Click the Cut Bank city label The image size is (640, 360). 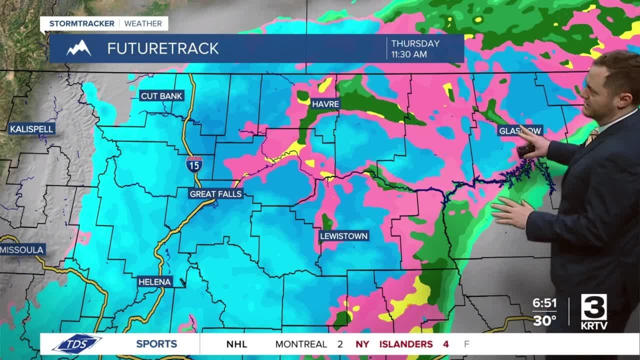[x=162, y=96]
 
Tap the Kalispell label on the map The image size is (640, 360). [x=31, y=129]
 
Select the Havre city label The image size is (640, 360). [x=325, y=104]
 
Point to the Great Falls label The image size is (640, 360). [x=215, y=194]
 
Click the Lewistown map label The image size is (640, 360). [x=343, y=236]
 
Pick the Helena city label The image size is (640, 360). [x=154, y=282]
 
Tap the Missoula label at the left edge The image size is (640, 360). [x=22, y=249]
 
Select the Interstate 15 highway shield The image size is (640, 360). [x=194, y=164]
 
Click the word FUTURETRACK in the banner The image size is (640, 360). [x=163, y=48]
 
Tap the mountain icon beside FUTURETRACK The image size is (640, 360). [x=79, y=48]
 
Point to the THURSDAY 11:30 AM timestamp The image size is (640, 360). [x=415, y=48]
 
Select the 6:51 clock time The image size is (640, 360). [x=544, y=303]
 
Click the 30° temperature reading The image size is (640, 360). [x=544, y=320]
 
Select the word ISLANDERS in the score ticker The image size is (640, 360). [x=405, y=344]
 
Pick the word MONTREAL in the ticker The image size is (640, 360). [x=301, y=344]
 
